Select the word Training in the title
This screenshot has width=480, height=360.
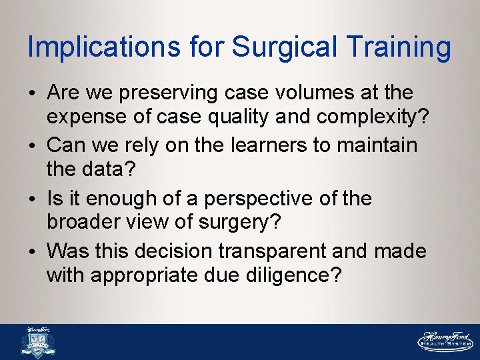pyautogui.click(x=399, y=47)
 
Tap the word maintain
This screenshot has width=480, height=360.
pyautogui.click(x=370, y=145)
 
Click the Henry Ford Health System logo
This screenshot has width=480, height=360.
pyautogui.click(x=444, y=341)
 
